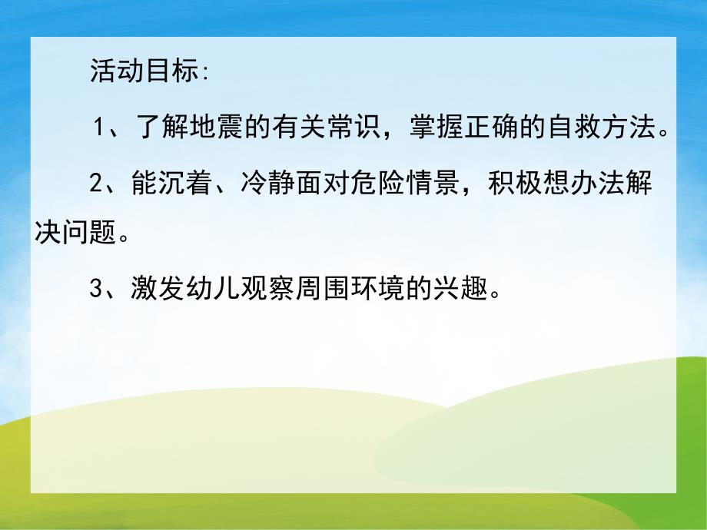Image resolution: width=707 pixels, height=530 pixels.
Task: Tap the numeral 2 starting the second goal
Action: (96, 184)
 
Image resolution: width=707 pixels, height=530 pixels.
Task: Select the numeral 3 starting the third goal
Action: (96, 289)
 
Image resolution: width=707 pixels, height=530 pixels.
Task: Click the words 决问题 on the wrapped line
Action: (77, 233)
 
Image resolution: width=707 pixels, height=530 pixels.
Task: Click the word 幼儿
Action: (211, 289)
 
